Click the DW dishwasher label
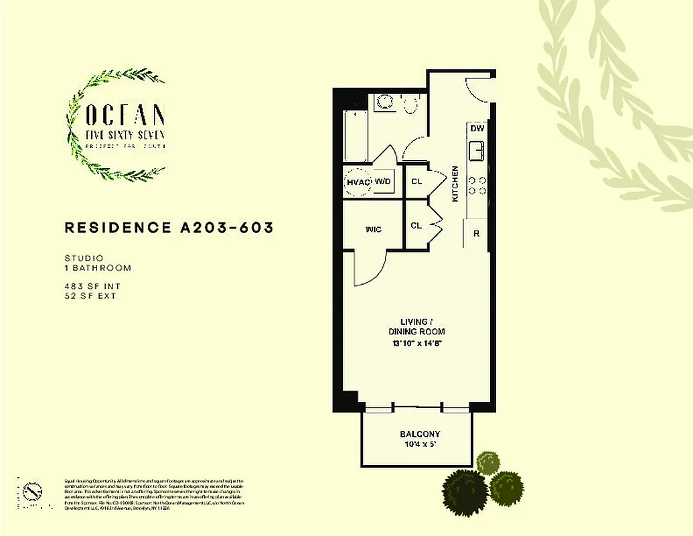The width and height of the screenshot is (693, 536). click(x=477, y=129)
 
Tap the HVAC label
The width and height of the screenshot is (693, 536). click(x=358, y=182)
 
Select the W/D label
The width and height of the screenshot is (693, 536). click(x=383, y=182)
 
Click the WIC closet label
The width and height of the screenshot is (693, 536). click(x=373, y=230)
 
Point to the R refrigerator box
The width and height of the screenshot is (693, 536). click(x=476, y=234)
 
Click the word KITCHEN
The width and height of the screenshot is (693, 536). click(x=455, y=184)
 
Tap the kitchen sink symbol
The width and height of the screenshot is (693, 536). click(x=477, y=150)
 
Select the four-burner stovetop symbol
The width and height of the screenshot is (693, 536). click(x=477, y=185)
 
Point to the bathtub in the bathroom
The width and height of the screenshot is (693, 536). click(x=356, y=137)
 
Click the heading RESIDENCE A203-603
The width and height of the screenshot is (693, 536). click(x=169, y=228)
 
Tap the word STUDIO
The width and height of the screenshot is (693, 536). click(x=83, y=257)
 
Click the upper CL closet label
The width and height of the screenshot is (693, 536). click(x=416, y=182)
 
